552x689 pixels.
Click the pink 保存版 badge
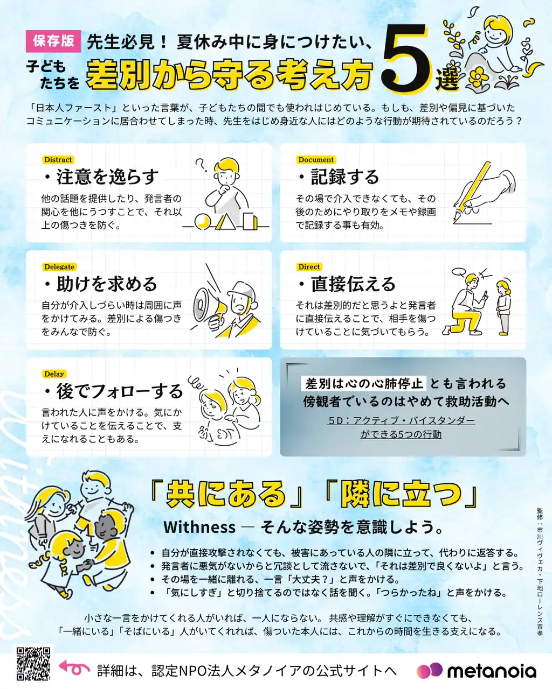(x=53, y=41)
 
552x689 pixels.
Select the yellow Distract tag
(x=58, y=160)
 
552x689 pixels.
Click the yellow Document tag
(x=316, y=160)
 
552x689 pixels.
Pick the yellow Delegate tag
(x=59, y=267)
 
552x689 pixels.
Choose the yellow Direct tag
(x=309, y=267)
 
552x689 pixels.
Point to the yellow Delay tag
(x=54, y=374)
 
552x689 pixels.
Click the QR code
(x=33, y=664)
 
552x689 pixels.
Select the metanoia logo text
(x=491, y=671)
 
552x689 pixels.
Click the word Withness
(x=199, y=527)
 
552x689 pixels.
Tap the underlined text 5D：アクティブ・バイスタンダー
(x=401, y=420)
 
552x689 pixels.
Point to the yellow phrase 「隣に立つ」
(x=401, y=494)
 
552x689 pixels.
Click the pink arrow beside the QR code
(x=74, y=668)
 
